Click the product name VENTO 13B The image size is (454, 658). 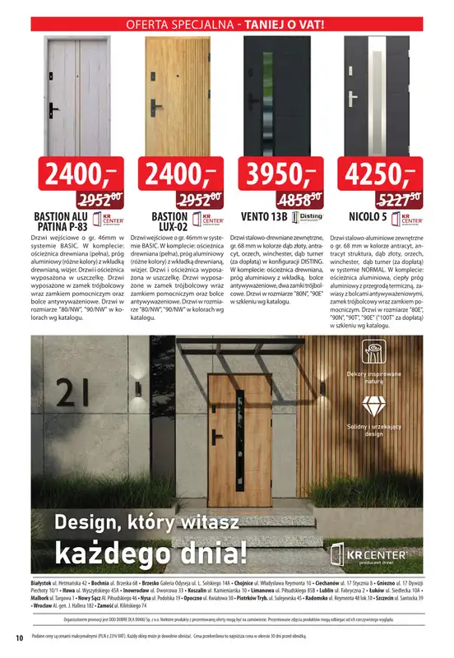[x=264, y=217]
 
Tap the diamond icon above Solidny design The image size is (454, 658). [x=374, y=406]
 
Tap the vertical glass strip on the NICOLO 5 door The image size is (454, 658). [x=381, y=90]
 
